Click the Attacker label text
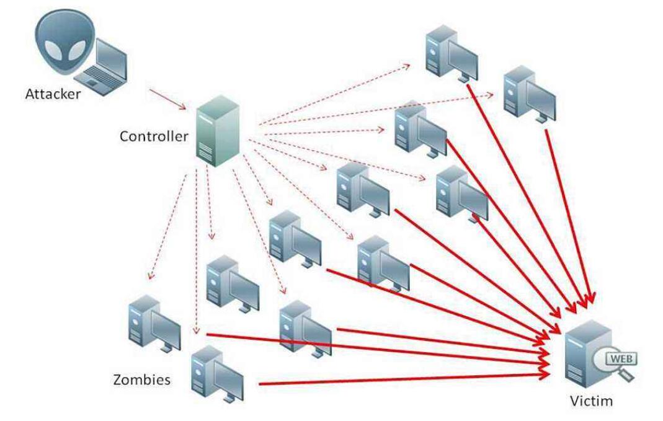53,94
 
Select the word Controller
153,136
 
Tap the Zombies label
141,379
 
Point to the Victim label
591,401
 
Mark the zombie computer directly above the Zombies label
153,325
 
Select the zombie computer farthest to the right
529,94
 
